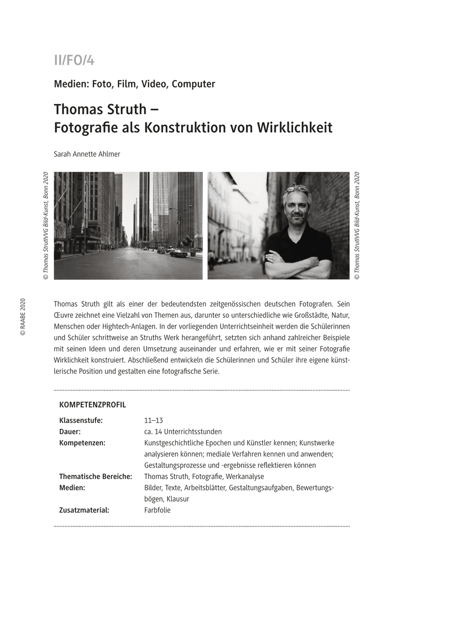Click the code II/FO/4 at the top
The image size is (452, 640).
pos(74,60)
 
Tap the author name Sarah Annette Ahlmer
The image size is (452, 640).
pos(87,154)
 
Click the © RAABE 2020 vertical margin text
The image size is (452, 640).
pos(22,317)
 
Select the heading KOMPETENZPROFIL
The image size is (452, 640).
pos(93,405)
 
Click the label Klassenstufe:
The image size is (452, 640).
pos(81,420)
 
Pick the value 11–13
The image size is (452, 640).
pos(154,420)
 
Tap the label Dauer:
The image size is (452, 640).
pos(70,431)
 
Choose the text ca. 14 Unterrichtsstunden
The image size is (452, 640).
pos(183,431)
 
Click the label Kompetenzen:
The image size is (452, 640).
pos(83,443)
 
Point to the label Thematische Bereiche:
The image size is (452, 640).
pos(96,476)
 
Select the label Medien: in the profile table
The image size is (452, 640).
pos(72,487)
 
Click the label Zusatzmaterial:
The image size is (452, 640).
pos(84,510)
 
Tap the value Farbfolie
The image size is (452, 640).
pos(158,510)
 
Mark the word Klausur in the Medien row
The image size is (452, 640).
pos(177,499)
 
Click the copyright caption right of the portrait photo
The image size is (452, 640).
pos(357,226)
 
